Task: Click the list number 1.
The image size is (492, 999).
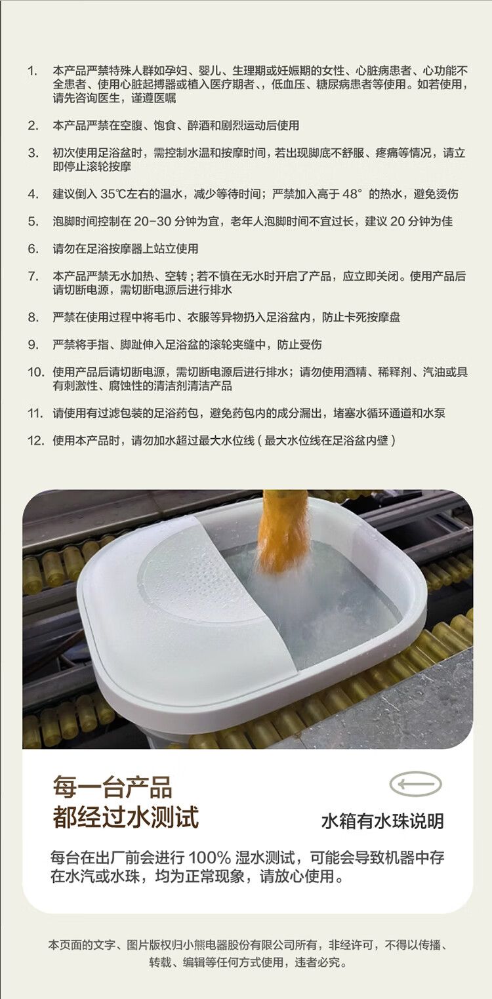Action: pos(32,70)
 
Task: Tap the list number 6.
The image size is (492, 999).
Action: pos(33,249)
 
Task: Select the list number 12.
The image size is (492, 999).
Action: pos(35,441)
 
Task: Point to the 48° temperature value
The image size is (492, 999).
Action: pos(352,194)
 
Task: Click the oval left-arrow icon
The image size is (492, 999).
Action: pos(415,784)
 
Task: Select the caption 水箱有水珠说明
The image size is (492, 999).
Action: pos(382,821)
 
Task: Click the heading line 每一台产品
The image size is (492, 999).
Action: pos(112,786)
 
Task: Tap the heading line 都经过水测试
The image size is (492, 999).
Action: pos(126,817)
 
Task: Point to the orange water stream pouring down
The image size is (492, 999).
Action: pos(284,530)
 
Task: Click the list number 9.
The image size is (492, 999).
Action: pos(33,344)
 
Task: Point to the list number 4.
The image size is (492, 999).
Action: pos(33,194)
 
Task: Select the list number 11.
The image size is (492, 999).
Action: pos(35,413)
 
